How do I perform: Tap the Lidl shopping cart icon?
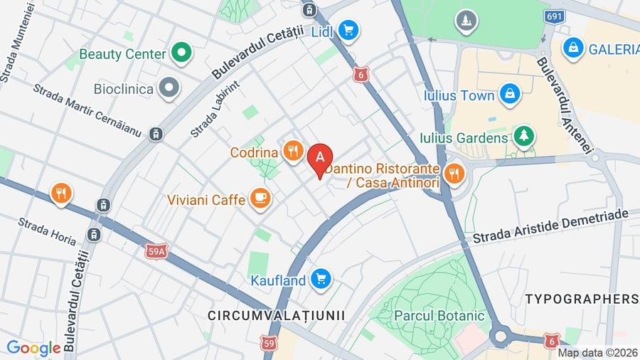coord(348,30)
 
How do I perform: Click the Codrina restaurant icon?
coord(292,152)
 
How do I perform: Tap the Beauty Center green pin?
coord(182,53)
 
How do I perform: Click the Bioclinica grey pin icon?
coord(169,89)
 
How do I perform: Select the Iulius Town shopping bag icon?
coord(509,94)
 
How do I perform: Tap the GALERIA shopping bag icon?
coord(572,48)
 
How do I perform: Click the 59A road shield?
coord(157,250)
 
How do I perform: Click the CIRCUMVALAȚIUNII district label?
coord(277,314)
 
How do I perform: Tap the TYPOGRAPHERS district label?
coord(582,299)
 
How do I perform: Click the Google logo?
coord(33,348)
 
